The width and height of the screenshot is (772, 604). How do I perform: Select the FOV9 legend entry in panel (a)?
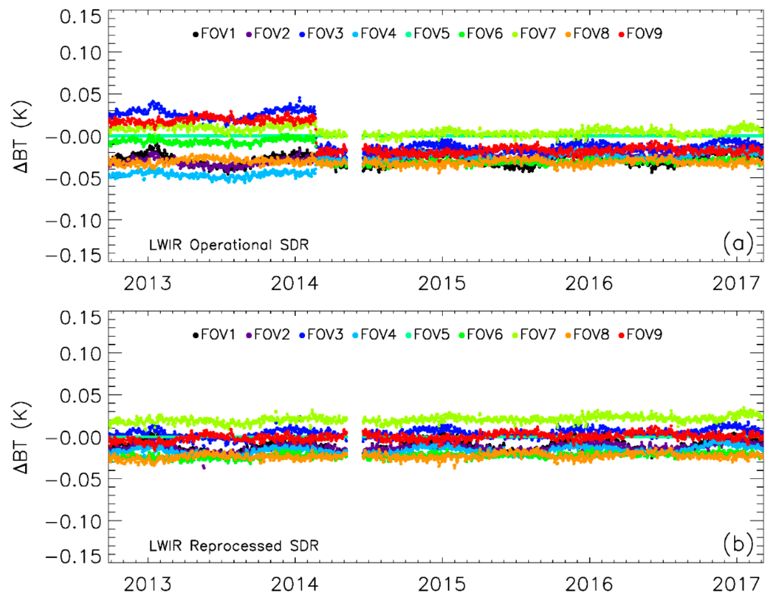[641, 34]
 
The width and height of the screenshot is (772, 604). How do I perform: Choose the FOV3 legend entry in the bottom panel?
[321, 335]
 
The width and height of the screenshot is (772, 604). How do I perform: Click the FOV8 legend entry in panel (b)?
[587, 335]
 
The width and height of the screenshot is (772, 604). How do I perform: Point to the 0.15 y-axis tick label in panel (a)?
[81, 17]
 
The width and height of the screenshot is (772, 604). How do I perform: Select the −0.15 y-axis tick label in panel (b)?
[74, 557]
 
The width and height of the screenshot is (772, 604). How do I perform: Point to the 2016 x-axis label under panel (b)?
[589, 585]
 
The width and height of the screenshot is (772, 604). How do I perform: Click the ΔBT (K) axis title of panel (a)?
[22, 137]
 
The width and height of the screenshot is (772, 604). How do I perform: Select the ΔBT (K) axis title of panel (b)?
[22, 438]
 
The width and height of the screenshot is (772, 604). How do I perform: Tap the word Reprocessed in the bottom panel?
[235, 546]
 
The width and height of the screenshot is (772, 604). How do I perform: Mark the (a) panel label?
[738, 244]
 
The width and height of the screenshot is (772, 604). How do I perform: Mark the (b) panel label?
[738, 544]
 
